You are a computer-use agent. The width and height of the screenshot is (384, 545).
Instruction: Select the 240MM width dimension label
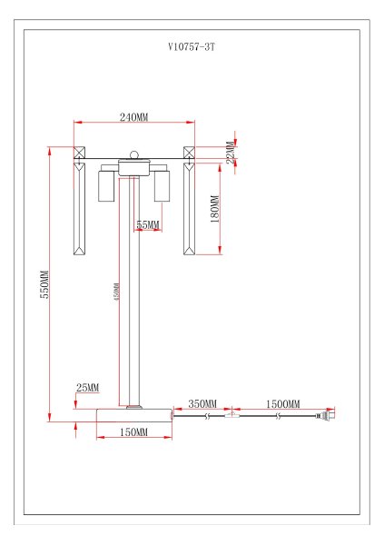133,116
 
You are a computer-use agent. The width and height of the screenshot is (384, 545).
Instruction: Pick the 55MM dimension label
147,224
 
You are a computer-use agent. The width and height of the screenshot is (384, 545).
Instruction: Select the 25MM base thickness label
87,388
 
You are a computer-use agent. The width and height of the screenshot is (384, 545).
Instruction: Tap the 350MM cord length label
202,403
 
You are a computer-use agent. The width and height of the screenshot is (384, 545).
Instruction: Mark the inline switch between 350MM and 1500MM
234,417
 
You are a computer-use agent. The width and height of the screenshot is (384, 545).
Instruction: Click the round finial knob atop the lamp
133,155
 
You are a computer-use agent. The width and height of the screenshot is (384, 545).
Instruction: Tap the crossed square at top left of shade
78,154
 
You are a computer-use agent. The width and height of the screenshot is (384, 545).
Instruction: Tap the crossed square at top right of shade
190,154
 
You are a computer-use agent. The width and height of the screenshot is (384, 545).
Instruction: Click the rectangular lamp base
133,416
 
